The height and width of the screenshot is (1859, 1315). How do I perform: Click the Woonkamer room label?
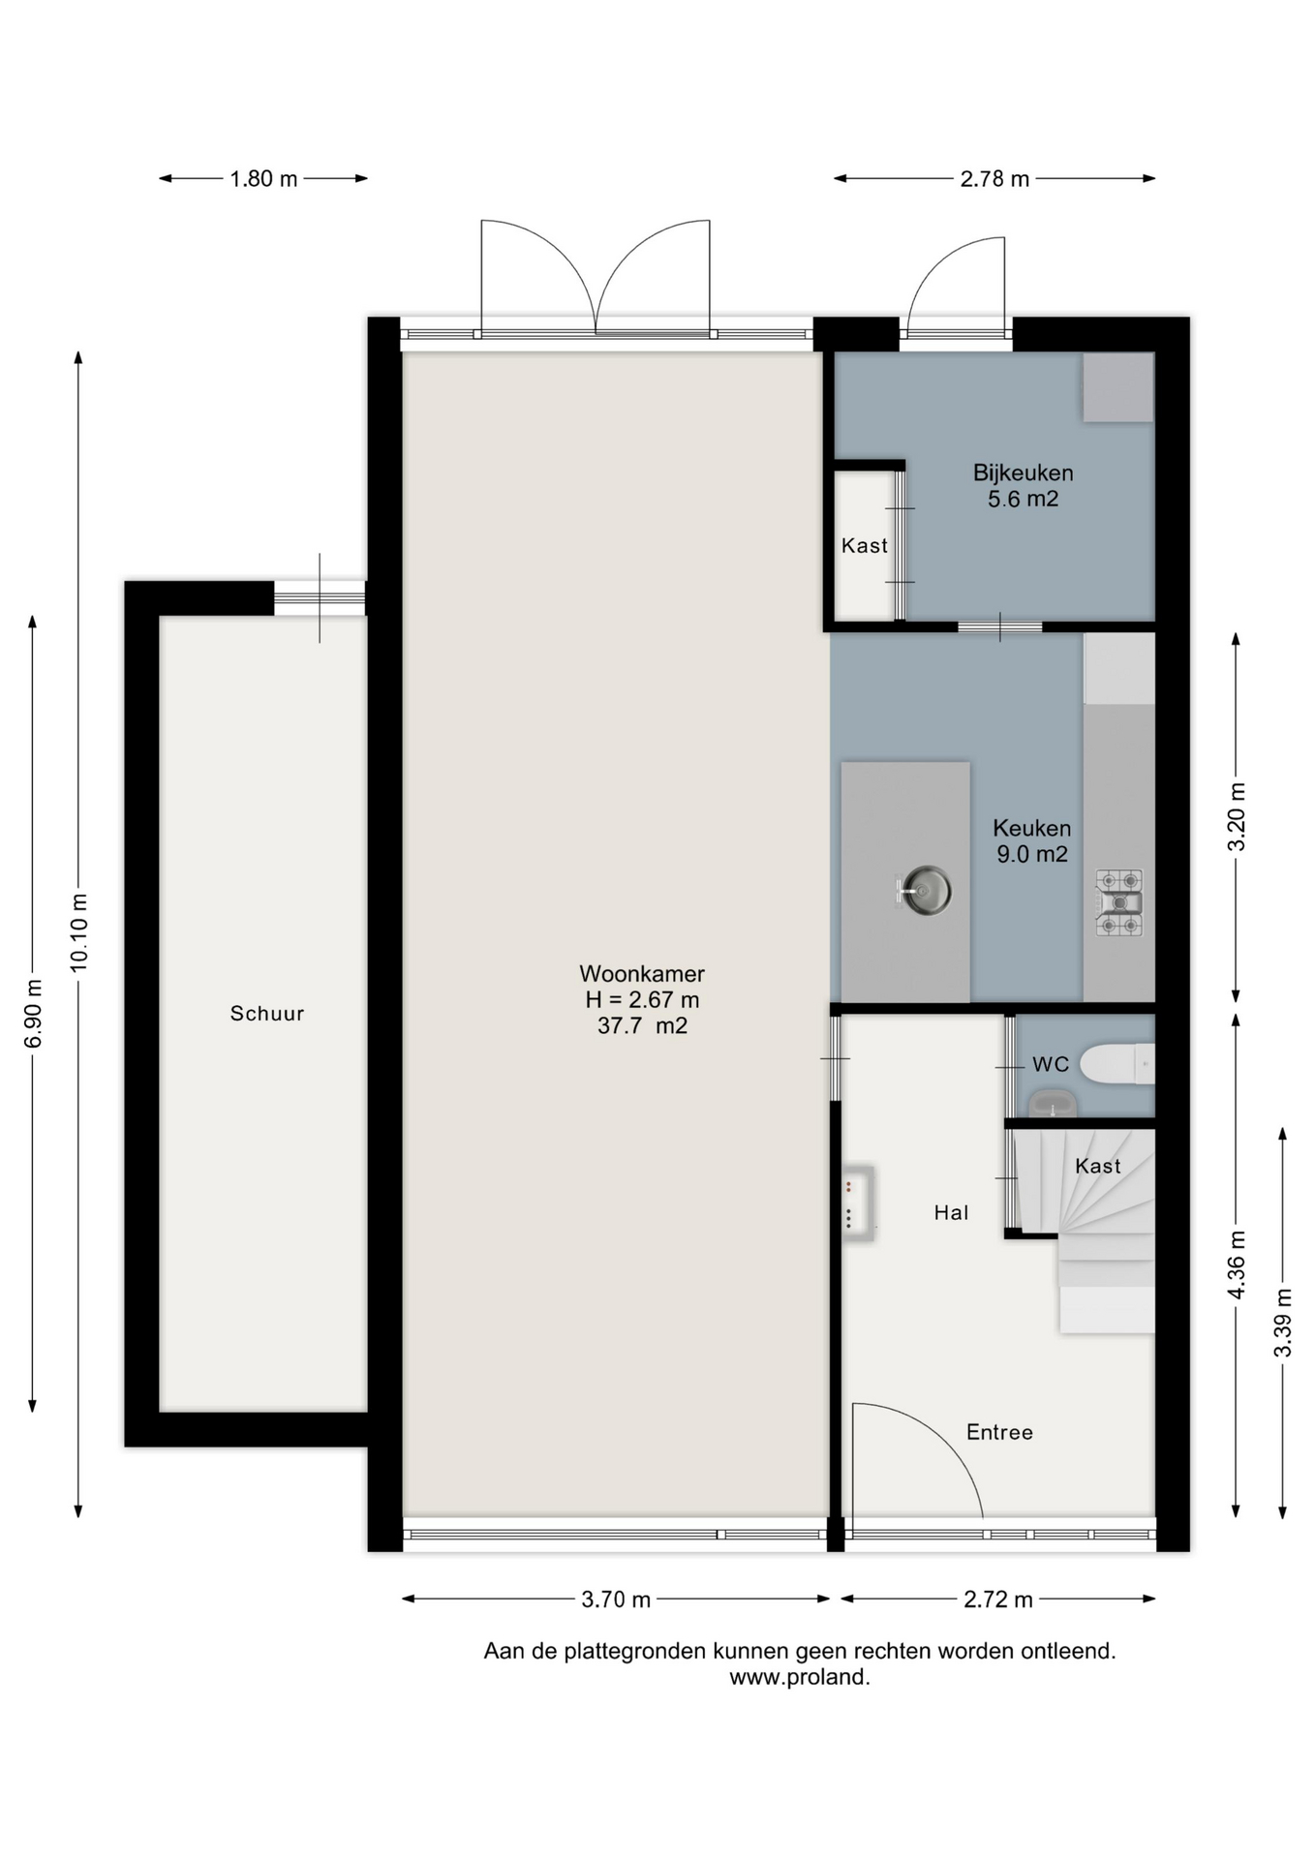pos(642,973)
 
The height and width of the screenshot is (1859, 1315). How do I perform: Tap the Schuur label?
pos(267,1014)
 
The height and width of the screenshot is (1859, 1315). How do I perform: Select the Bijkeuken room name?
pos(1023,473)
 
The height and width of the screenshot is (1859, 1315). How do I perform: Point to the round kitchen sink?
pos(924,890)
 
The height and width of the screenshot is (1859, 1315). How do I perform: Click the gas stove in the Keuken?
pos(1119,902)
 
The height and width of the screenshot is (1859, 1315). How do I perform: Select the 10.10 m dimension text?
pos(79,932)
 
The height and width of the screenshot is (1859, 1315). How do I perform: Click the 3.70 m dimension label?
pos(616,1600)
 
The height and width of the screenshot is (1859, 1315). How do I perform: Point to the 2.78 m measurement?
pos(994,179)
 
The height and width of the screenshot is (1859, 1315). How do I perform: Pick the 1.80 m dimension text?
pos(263,179)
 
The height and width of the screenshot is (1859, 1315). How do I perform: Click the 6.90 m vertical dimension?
pos(33,1014)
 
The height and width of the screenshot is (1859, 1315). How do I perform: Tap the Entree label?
pos(999,1432)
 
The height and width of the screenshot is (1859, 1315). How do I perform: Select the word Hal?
pos(951,1212)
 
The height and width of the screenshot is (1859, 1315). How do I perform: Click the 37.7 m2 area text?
pos(642,1025)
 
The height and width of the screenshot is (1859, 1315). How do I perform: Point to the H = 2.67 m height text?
pos(642,999)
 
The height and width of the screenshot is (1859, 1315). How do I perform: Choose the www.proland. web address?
pos(800,1678)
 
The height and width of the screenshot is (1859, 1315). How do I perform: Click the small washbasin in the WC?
pos(1053,1103)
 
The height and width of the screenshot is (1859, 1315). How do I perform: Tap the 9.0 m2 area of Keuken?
pos(1032,854)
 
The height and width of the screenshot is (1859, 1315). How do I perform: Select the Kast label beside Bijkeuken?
pos(864,546)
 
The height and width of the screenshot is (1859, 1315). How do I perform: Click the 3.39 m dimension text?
pos(1283,1324)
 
